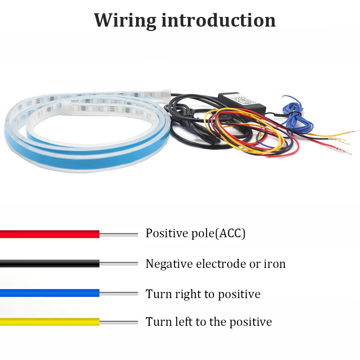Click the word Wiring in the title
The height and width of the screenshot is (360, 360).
125,21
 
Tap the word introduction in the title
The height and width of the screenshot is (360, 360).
219,20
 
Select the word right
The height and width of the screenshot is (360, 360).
188,294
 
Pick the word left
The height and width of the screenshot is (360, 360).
184,321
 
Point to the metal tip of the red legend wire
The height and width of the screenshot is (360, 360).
119,234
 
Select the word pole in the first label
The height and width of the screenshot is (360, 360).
203,234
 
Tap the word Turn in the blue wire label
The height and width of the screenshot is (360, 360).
158,294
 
